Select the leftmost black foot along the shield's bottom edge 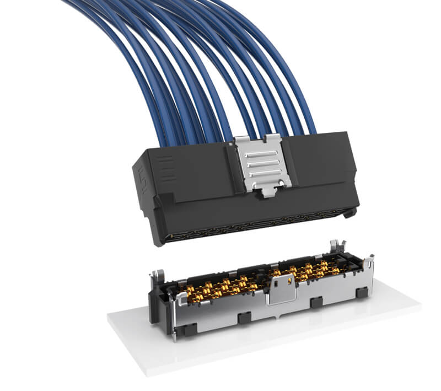click(189, 329)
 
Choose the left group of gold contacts click(220, 286)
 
